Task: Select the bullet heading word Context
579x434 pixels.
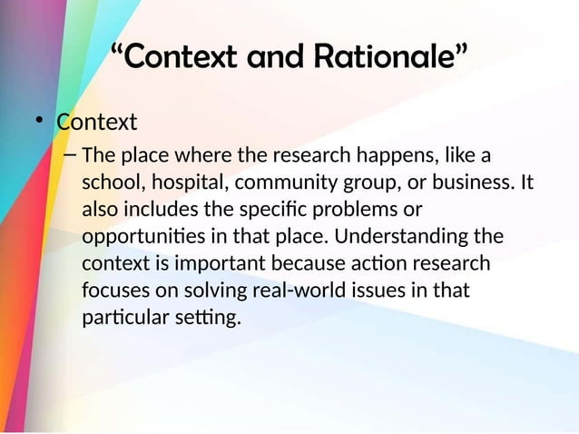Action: (97, 121)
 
